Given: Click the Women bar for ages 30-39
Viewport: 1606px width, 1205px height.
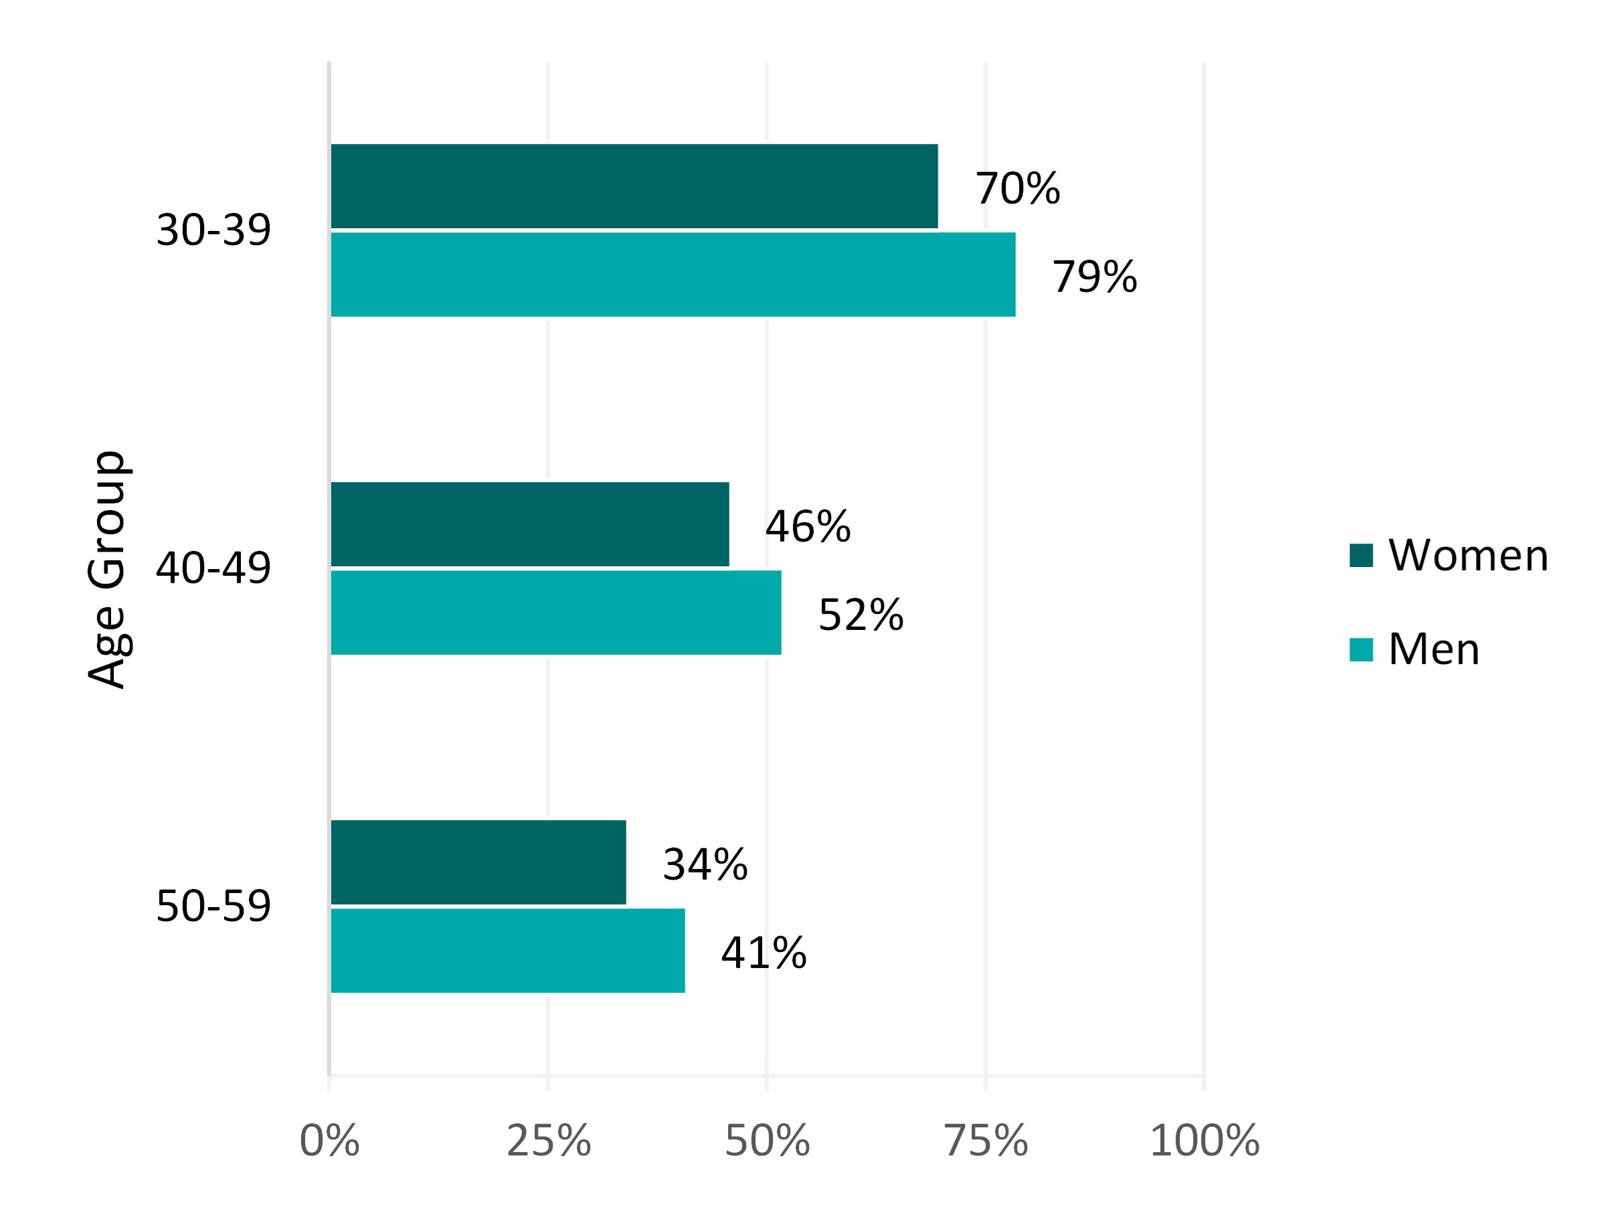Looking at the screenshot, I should [x=634, y=186].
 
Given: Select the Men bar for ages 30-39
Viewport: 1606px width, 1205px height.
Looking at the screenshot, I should [x=673, y=274].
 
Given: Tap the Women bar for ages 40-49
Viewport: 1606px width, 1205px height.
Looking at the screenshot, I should [x=530, y=524].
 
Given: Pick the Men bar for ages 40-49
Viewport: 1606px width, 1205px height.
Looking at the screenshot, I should [x=556, y=613].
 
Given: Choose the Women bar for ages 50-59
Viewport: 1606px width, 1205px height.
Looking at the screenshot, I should [x=478, y=862].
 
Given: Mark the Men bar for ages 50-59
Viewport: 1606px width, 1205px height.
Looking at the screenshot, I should [x=507, y=951].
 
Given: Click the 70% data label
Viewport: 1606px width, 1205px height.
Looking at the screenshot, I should [x=1017, y=188].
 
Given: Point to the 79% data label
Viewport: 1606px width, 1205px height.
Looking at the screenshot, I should [x=1094, y=276].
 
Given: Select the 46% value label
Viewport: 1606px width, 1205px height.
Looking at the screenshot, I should [x=808, y=527].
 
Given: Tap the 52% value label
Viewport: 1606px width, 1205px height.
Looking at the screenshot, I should [x=861, y=615].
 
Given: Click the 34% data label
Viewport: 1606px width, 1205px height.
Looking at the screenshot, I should [x=704, y=864].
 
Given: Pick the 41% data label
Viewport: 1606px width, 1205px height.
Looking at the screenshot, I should [x=763, y=953].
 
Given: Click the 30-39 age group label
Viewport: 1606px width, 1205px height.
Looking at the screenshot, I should [x=213, y=230].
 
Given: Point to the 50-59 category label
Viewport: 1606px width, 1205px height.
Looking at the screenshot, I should [x=213, y=906].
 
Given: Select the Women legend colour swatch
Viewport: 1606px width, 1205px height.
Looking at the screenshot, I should [x=1361, y=555].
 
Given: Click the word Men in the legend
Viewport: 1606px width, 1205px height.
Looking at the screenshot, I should [x=1434, y=649].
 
